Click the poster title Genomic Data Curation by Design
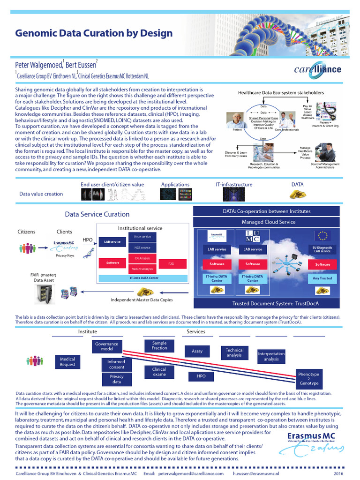(94, 33)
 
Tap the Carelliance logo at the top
(317, 70)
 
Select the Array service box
(142, 237)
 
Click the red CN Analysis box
(142, 258)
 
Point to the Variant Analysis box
(142, 269)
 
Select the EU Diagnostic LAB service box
(322, 249)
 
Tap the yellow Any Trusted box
(322, 278)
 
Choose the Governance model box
(106, 346)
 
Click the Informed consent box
(116, 364)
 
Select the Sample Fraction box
(159, 345)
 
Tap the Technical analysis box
(234, 352)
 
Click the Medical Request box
(67, 362)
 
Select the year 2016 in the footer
(338, 474)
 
